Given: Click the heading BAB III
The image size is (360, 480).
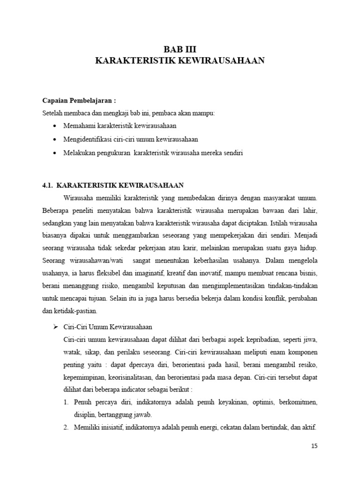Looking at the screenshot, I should pos(180,48).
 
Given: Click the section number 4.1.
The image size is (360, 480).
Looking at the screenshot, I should pos(49,185).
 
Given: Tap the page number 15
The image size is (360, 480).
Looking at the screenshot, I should pos(314,446).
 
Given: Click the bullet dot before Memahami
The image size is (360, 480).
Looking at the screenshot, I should pos(56,127).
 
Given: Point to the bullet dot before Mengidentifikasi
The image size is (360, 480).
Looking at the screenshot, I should pos(56,140).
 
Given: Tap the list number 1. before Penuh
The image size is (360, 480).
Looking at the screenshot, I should pos(66,403).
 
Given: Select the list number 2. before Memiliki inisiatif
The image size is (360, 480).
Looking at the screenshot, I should pos(66,427).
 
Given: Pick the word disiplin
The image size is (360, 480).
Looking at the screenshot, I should pos(84,415).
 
